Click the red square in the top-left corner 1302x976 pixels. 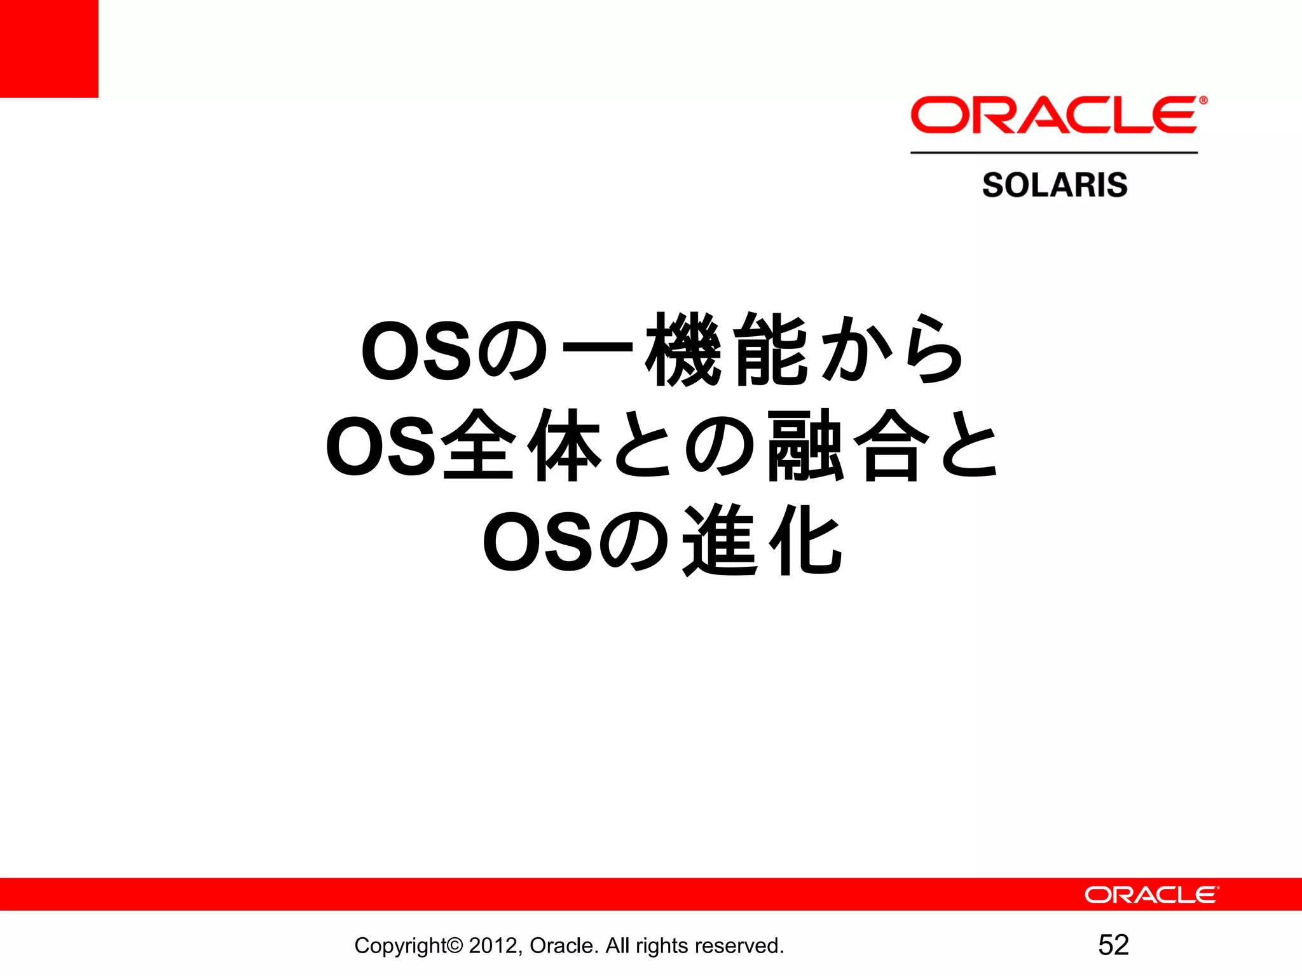pyautogui.click(x=49, y=48)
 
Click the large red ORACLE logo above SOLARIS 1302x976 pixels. pyautogui.click(x=1054, y=115)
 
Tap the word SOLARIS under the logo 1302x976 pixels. pyautogui.click(x=1055, y=185)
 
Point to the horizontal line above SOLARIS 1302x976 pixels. pyautogui.click(x=1054, y=152)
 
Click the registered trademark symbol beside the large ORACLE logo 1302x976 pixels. pyautogui.click(x=1203, y=100)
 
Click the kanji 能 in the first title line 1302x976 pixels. pyautogui.click(x=771, y=350)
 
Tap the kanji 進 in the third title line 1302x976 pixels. pyautogui.click(x=720, y=541)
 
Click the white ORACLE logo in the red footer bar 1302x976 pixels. pyautogui.click(x=1151, y=895)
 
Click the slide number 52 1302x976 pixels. pyautogui.click(x=1113, y=945)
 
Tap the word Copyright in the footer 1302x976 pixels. pyautogui.click(x=401, y=945)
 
